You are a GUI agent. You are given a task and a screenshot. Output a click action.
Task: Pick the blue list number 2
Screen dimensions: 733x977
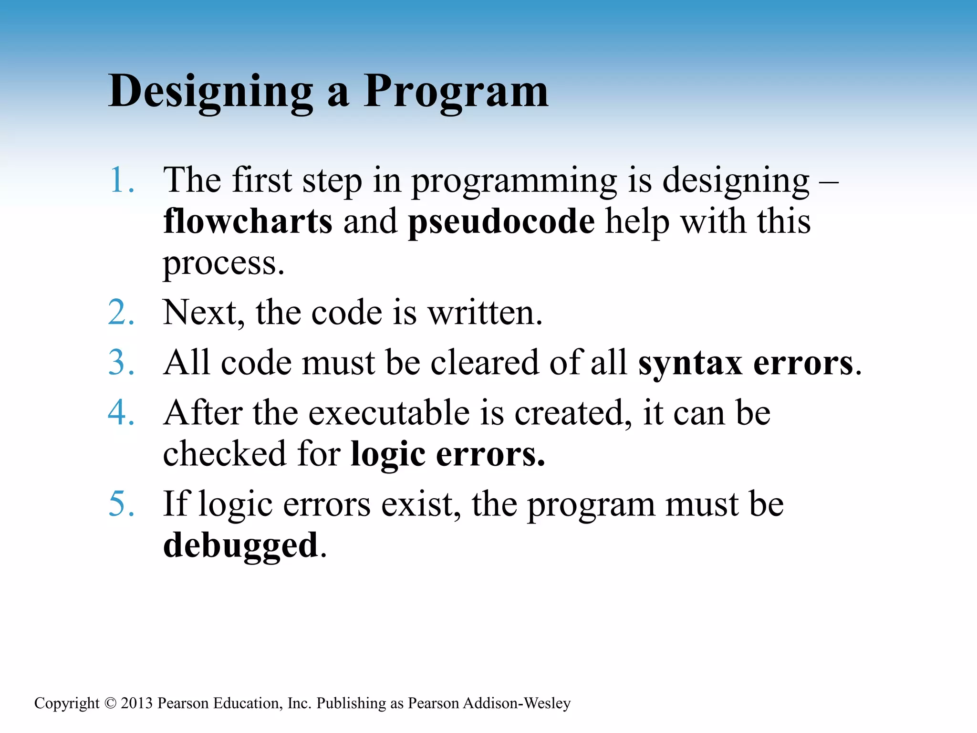(x=121, y=313)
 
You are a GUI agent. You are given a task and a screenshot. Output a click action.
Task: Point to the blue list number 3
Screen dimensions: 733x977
(x=121, y=362)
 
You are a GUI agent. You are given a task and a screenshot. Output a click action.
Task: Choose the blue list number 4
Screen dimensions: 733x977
(x=121, y=412)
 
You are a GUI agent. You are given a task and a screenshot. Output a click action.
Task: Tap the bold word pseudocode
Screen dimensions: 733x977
(x=501, y=222)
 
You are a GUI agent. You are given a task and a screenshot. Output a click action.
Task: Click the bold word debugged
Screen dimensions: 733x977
(x=240, y=545)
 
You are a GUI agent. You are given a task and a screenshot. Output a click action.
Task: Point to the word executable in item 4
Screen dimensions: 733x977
(x=389, y=412)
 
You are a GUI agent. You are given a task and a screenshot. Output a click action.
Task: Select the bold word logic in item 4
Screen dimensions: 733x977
(x=387, y=454)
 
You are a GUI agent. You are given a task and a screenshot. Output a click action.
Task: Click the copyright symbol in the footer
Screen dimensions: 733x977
(x=110, y=703)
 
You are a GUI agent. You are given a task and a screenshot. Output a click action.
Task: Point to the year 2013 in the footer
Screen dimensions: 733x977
(x=136, y=703)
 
